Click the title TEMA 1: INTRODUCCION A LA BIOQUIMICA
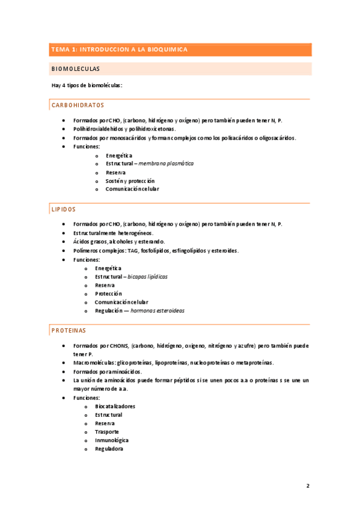pos(120,50)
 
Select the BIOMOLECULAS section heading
pos(76,69)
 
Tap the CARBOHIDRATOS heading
pos(78,105)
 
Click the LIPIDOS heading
pos(64,209)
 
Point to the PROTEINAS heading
pos(69,331)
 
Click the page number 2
pos(307,486)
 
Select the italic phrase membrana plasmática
pos(166,164)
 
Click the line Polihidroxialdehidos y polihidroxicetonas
pos(124,129)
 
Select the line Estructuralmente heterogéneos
pos(113,233)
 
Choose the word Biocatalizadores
pos(115,407)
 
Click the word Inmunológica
pos(112,440)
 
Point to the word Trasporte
pos(107,432)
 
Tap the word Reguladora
pos(109,449)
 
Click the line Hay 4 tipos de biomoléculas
pos(87,85)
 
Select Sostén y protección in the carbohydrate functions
pos(130,180)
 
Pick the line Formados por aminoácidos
pos(108,372)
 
